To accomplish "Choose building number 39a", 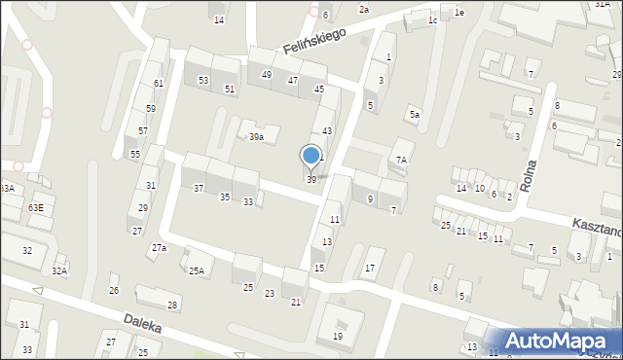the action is click(x=255, y=137).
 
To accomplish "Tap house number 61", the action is click(x=159, y=84).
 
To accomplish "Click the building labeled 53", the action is click(x=203, y=80).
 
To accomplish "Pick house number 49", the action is click(x=267, y=75).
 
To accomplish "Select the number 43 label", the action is click(x=327, y=130).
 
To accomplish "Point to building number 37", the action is click(x=199, y=187).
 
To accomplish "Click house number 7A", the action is click(x=400, y=159).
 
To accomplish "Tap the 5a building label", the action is click(x=415, y=115).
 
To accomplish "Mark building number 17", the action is click(x=369, y=268).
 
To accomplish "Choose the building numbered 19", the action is click(x=338, y=336).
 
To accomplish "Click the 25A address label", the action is click(x=197, y=271).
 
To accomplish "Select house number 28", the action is click(x=173, y=305).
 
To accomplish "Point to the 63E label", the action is click(x=36, y=207).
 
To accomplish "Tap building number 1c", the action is click(x=432, y=19).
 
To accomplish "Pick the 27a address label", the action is click(x=159, y=248).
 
